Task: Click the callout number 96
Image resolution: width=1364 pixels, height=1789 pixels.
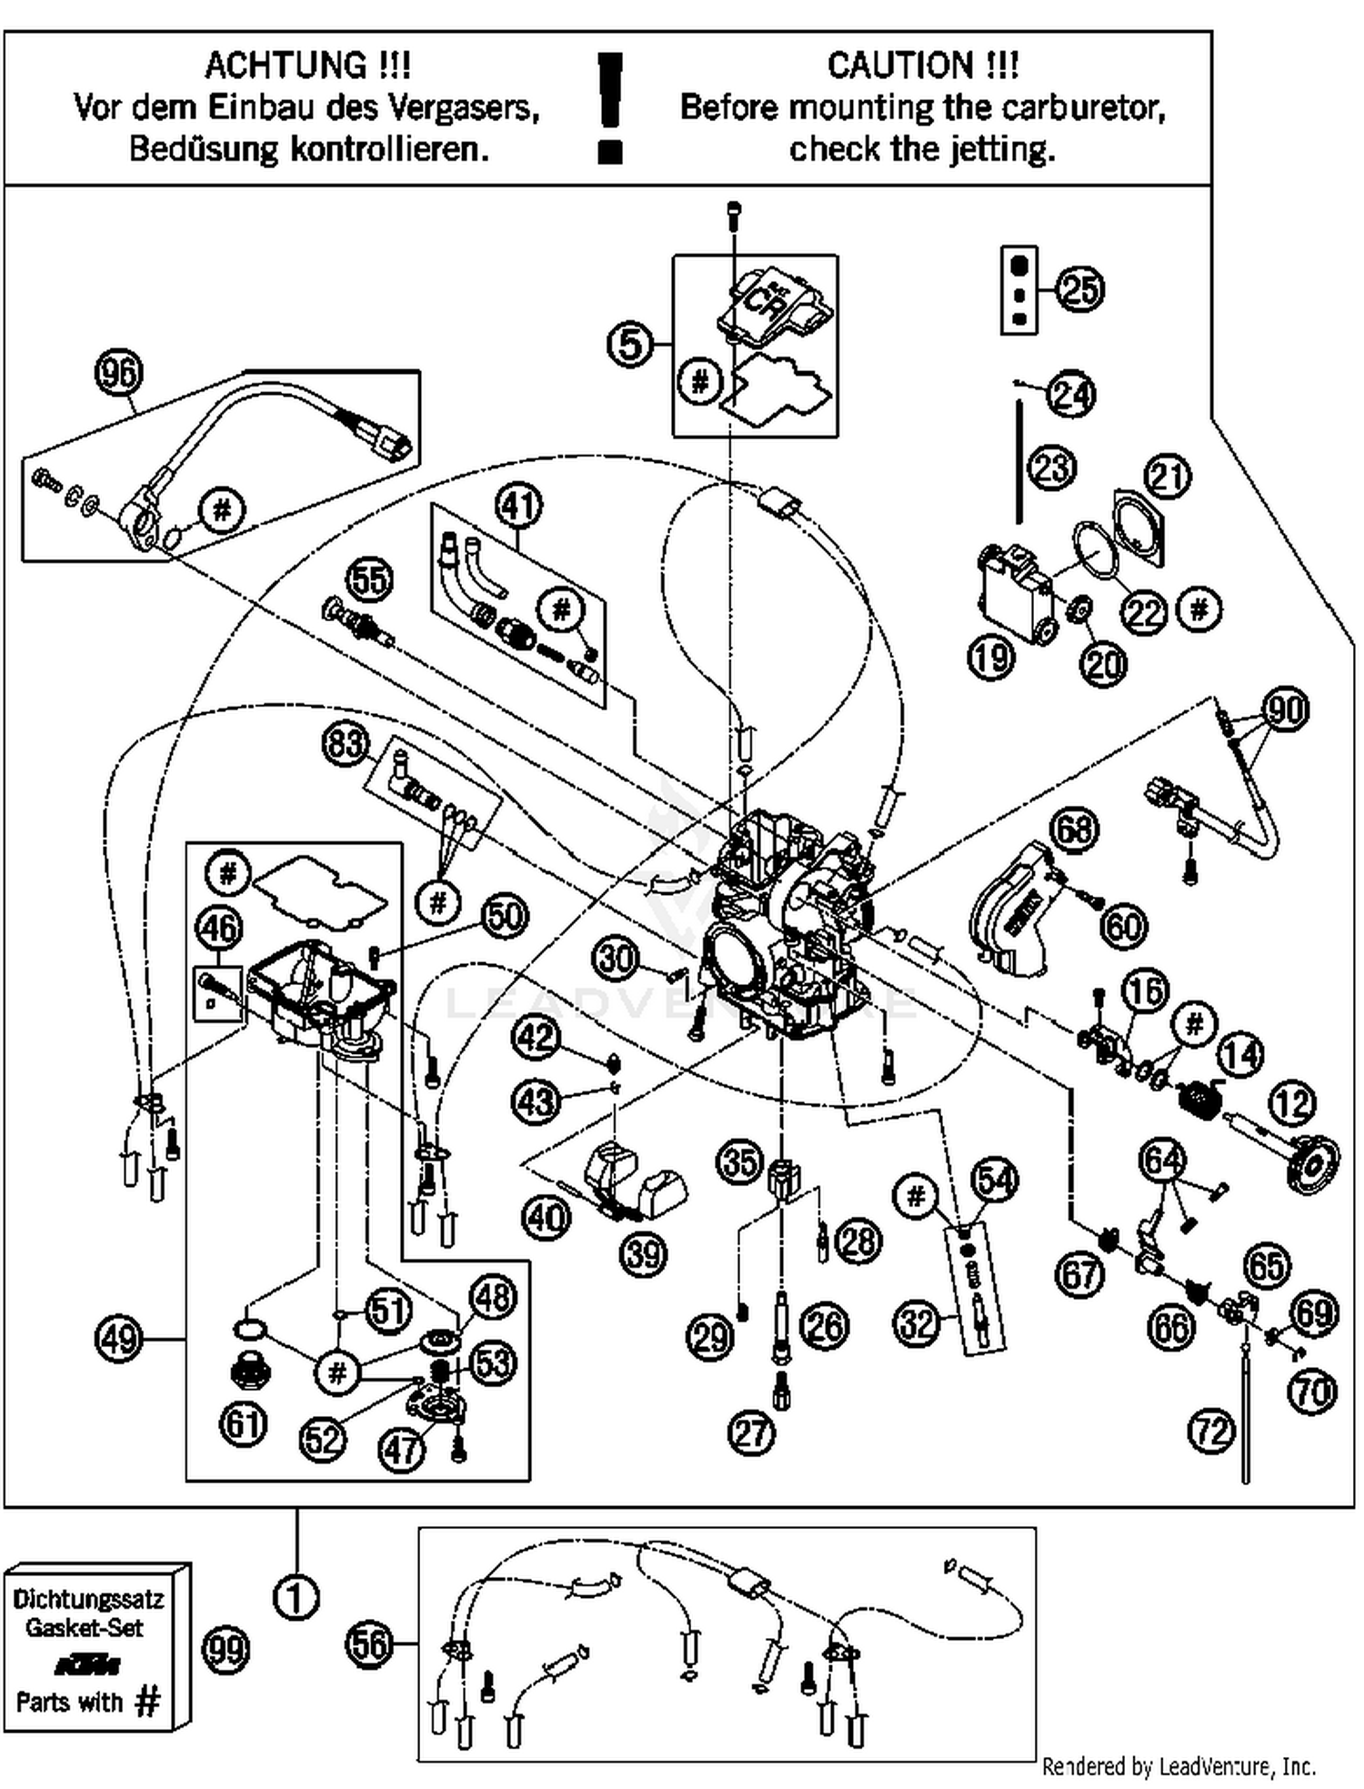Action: [x=119, y=373]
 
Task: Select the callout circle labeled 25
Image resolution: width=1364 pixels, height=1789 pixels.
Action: [x=1079, y=289]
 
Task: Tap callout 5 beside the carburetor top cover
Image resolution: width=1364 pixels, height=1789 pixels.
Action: [x=630, y=345]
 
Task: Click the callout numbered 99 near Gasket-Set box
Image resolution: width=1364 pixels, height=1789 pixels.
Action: [x=226, y=1649]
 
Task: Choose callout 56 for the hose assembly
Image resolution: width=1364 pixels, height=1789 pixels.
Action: [x=369, y=1643]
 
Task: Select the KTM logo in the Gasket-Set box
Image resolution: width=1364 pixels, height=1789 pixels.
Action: [x=87, y=1665]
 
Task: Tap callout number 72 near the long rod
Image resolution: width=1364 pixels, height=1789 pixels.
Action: [x=1211, y=1432]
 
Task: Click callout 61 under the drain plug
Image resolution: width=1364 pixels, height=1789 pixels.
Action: [x=243, y=1423]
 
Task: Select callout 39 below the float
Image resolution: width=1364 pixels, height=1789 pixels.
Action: [x=643, y=1254]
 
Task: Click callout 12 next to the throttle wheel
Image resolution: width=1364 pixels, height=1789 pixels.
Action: [x=1291, y=1103]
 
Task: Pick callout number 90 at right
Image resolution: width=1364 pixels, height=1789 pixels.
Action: [x=1285, y=709]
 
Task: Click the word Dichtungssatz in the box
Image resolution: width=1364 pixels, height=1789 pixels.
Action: [x=88, y=1598]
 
